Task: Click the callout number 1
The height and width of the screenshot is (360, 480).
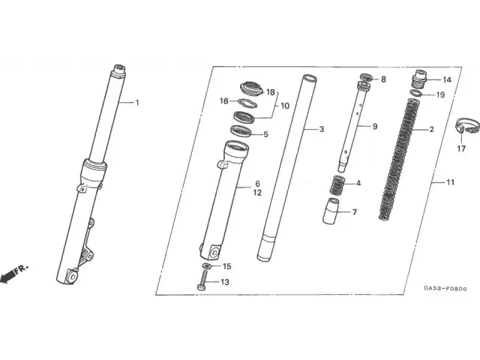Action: pyautogui.click(x=137, y=103)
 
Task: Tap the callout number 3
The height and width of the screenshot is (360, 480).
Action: pyautogui.click(x=322, y=129)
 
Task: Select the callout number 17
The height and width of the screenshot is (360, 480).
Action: pyautogui.click(x=462, y=148)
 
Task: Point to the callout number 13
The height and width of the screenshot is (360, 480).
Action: pyautogui.click(x=224, y=282)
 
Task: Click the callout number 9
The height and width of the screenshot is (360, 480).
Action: pyautogui.click(x=375, y=126)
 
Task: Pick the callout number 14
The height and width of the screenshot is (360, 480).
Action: pyautogui.click(x=447, y=79)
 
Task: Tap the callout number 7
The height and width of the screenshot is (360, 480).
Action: pyautogui.click(x=354, y=212)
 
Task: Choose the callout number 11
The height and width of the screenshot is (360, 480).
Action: pyautogui.click(x=450, y=182)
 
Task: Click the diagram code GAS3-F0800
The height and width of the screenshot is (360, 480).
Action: pyautogui.click(x=445, y=289)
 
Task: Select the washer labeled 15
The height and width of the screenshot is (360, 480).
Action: pyautogui.click(x=207, y=266)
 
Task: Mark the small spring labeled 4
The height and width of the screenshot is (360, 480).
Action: pyautogui.click(x=337, y=184)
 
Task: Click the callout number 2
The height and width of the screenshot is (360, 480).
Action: pyautogui.click(x=453, y=129)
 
